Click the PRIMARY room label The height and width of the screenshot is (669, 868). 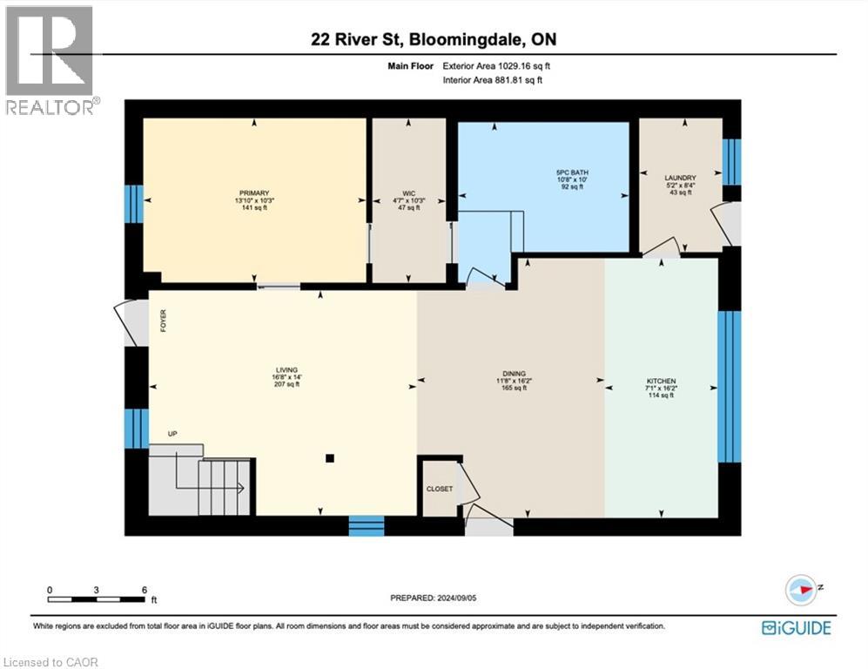254,193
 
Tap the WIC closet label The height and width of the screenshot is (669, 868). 408,193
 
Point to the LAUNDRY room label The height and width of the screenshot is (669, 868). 680,178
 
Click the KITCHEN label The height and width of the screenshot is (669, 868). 660,382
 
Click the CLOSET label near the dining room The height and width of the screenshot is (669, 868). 439,489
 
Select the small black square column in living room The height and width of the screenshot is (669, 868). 329,457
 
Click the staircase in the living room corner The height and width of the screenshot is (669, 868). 200,483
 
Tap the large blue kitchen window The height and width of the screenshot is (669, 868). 729,386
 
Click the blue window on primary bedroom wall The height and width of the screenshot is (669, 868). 132,203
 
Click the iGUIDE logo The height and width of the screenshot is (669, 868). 796,627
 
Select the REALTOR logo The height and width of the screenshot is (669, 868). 50,60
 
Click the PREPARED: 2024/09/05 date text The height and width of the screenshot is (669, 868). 434,598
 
